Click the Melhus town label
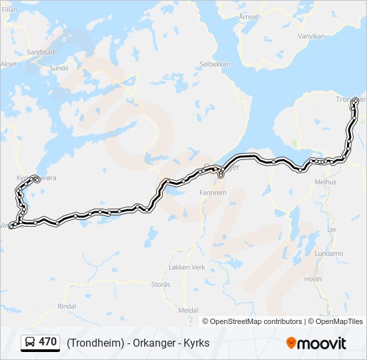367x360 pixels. tap(326, 181)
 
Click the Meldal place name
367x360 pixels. tap(188, 311)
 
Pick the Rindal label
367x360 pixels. tap(67, 306)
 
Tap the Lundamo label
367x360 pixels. tap(329, 253)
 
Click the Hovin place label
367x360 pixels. tap(313, 279)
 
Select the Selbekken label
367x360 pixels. tap(215, 65)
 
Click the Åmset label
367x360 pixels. tap(248, 15)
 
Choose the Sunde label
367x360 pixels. tap(59, 67)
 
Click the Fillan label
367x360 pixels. tap(9, 10)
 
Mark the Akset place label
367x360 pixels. tap(9, 64)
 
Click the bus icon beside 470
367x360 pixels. tap(31, 343)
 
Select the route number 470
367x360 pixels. tap(48, 342)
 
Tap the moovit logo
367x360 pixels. tap(316, 343)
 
